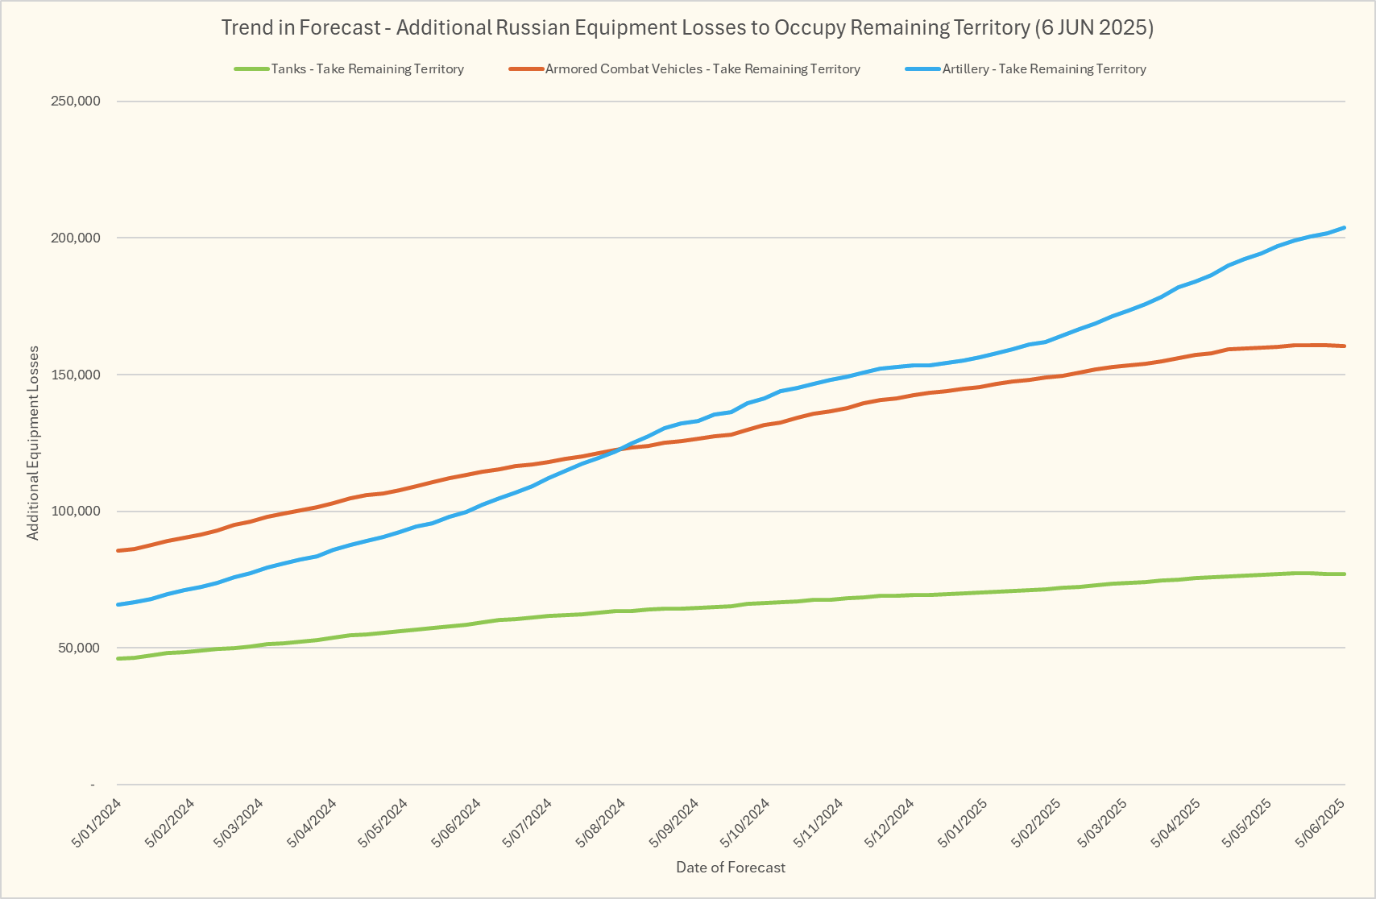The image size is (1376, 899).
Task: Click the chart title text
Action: (x=687, y=27)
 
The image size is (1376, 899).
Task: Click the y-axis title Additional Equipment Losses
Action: (x=33, y=443)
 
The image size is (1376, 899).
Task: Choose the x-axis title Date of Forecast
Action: (x=731, y=868)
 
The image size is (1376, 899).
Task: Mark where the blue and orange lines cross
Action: (x=621, y=449)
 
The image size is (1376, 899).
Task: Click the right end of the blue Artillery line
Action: (x=1345, y=228)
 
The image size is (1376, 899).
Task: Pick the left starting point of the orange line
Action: (x=118, y=550)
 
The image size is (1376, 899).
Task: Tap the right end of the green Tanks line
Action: (x=1345, y=574)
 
